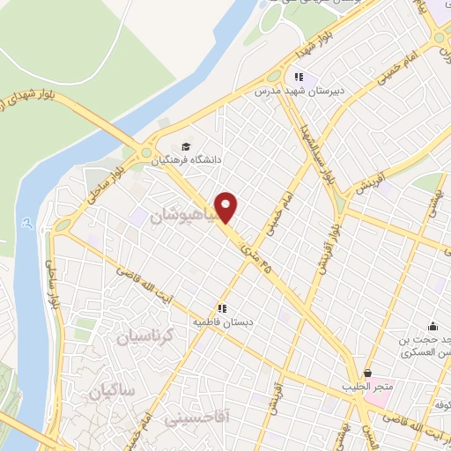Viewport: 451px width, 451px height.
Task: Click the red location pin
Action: tap(227, 207)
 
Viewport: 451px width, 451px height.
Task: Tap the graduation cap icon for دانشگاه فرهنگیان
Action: tap(186, 147)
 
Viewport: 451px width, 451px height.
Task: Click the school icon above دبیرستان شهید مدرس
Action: tap(299, 78)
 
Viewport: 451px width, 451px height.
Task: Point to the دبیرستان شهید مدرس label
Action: tap(295, 91)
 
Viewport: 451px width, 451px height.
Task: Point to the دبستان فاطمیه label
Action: tap(224, 322)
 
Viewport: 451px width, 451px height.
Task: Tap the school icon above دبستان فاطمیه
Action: tap(224, 308)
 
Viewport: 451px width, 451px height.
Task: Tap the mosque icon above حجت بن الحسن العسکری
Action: tap(432, 326)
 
